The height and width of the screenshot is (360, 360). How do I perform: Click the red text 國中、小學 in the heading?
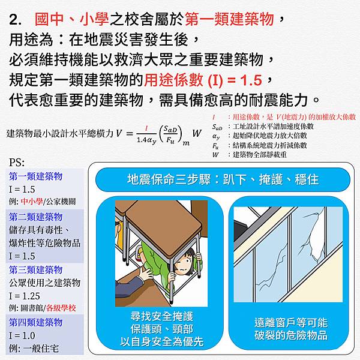coord(71,19)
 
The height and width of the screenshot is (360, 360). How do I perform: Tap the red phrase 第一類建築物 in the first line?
coord(229,19)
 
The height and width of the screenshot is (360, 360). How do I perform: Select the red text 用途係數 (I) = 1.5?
coord(203,80)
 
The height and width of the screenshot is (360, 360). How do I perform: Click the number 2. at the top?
coord(16,20)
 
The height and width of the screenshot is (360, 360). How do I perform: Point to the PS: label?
coord(17,163)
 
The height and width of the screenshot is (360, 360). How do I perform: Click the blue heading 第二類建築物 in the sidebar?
coord(36,217)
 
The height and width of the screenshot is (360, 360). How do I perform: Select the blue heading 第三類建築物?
coord(36,270)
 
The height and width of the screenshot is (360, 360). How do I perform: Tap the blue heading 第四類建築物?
coord(36,322)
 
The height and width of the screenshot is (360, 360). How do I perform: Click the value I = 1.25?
coord(25,296)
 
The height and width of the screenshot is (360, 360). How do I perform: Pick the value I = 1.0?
coord(22,335)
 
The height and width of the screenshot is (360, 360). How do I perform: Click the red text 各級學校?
coord(61,308)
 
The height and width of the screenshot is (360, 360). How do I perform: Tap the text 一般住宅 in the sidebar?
coord(41,349)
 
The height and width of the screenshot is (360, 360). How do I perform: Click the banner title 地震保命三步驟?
coord(169,179)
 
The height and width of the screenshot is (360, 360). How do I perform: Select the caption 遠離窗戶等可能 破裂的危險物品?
coord(291,329)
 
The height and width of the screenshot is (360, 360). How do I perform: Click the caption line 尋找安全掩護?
coord(162,316)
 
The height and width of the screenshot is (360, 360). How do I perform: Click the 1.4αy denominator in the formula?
coord(146,140)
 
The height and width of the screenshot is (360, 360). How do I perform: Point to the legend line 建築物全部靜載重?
coord(260,155)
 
